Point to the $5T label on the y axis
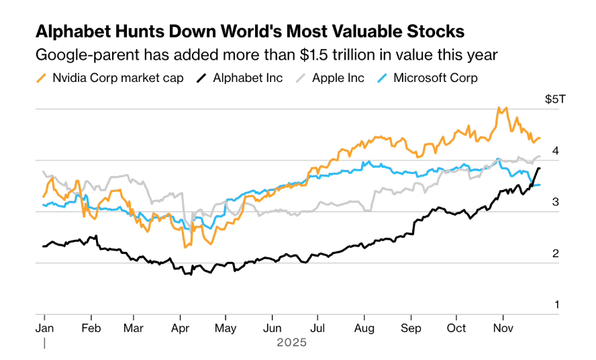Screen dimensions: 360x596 [555, 99]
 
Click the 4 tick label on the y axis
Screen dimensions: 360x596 [556, 151]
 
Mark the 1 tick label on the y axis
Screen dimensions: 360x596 [556, 304]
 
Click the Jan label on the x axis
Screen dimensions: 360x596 [44, 328]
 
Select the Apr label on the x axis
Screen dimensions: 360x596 [180, 328]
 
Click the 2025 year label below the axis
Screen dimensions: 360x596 [291, 343]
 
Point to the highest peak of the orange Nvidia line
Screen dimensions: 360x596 [499, 107]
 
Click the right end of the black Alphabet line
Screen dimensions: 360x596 [539, 169]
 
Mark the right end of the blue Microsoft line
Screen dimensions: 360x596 [540, 185]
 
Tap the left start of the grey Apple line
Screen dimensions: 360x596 [43, 171]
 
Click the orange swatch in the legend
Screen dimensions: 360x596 [40, 78]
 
